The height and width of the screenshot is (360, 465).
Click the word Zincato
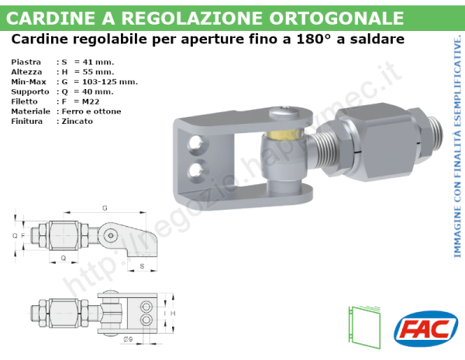pyautogui.click(x=77, y=122)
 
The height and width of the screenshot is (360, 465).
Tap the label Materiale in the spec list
pyautogui.click(x=31, y=111)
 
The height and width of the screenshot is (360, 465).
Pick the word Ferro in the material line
pyautogui.click(x=71, y=111)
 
